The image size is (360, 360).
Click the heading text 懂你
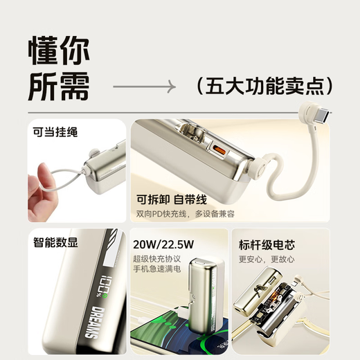[60, 51]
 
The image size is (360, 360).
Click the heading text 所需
[60, 86]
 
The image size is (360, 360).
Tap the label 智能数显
[55, 242]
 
